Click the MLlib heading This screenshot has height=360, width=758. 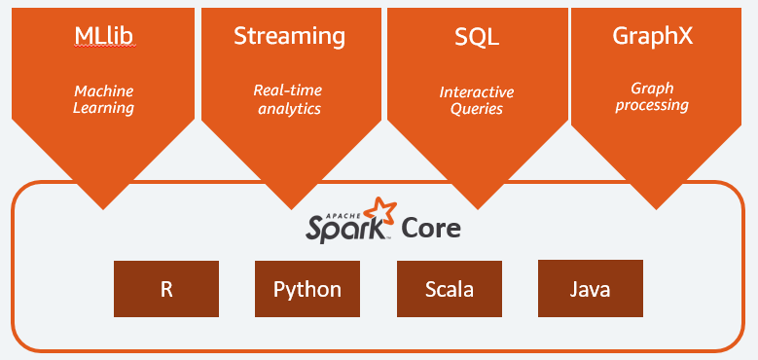pos(103,37)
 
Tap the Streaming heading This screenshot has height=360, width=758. pos(289,37)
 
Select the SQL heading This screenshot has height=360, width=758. pos(477,37)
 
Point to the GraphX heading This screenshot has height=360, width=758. pos(653,37)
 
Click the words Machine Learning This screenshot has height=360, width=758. pos(103,99)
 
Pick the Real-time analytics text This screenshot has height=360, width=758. pos(289,99)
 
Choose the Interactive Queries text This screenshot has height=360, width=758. pos(477,100)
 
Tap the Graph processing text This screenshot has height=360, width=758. pos(653,96)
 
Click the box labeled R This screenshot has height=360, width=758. pos(166,289)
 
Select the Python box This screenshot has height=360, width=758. pos(307,289)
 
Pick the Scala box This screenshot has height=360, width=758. pos(450,289)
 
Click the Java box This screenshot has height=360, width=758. pos(591,289)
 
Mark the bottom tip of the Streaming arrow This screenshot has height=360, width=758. pos(290,206)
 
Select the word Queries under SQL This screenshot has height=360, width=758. pos(477,109)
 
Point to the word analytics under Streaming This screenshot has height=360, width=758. pos(289,109)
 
